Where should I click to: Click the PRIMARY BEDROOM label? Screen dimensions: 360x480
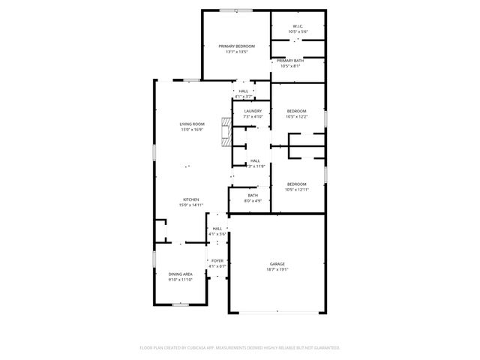coord(237,46)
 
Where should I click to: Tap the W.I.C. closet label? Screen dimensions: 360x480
coord(297,27)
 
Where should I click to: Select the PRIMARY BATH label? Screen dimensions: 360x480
coord(290,61)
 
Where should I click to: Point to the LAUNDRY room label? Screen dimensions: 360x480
coord(253,111)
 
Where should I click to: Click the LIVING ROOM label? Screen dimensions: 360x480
coord(191,124)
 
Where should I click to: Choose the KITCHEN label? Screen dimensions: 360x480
coord(190,199)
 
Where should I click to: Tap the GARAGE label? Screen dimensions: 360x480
coord(277,264)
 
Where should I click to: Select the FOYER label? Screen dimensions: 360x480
coord(217,260)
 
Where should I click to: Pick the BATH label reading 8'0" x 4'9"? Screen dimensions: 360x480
coord(253,195)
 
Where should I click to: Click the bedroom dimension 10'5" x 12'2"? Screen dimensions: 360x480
coord(297,116)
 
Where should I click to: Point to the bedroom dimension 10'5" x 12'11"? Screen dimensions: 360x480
coord(297,190)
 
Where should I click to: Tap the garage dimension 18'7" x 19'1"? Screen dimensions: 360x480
coord(277,270)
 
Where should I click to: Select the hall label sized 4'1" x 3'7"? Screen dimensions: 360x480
coord(243,91)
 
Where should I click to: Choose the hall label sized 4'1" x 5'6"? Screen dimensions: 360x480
coord(217,229)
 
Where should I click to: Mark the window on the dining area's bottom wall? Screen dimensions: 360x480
coord(181,304)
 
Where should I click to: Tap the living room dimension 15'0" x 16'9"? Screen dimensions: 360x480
coord(191,130)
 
